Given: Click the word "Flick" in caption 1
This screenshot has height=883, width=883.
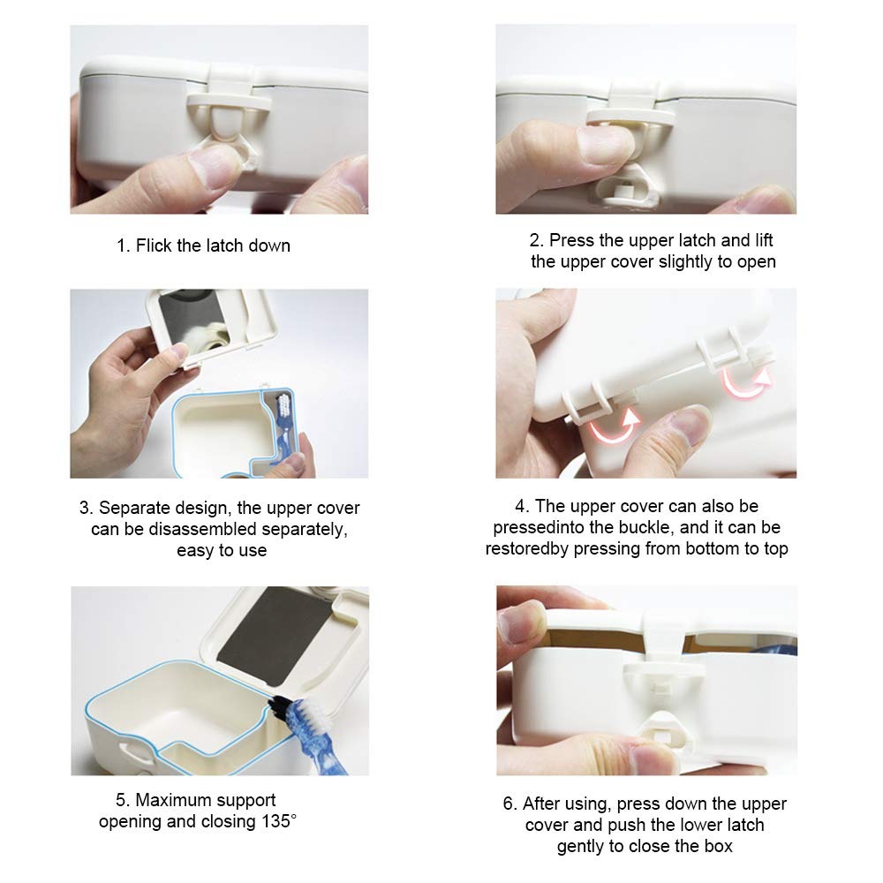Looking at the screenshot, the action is pos(154,245).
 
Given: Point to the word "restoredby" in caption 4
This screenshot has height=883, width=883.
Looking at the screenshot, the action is pos(526,548).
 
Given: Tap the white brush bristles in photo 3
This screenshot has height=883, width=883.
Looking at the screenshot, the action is pos(284,404).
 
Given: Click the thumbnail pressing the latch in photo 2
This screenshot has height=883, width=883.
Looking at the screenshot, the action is pos(606,144).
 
